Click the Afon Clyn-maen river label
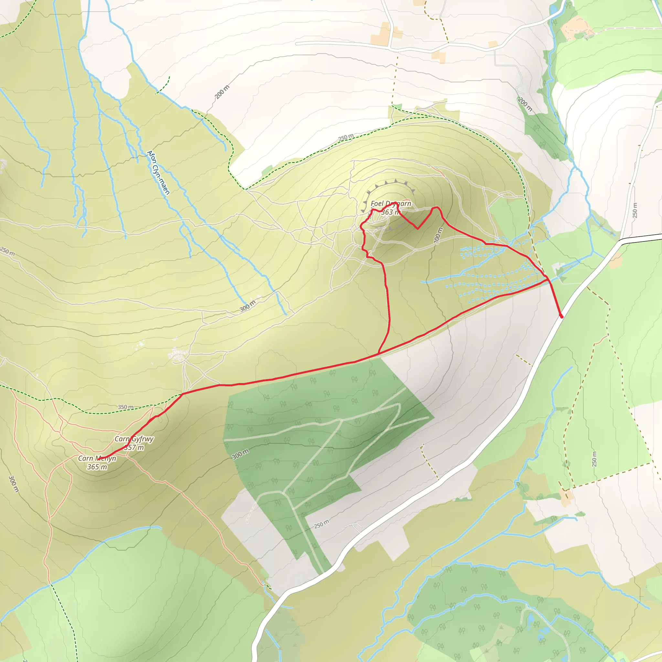click(x=158, y=172)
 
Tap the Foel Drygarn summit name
click(x=390, y=204)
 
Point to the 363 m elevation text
click(x=390, y=212)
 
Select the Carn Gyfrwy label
click(x=134, y=439)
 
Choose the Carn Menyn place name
click(x=97, y=458)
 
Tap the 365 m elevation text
click(x=97, y=467)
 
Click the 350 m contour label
click(x=125, y=407)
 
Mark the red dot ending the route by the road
click(x=561, y=316)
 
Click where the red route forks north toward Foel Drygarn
click(x=378, y=353)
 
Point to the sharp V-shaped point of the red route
click(x=417, y=229)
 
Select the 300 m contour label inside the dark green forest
click(x=240, y=454)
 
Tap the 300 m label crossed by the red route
click(x=438, y=236)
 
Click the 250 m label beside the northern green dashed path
click(x=346, y=137)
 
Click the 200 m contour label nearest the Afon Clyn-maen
click(x=222, y=92)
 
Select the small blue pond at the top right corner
click(x=553, y=10)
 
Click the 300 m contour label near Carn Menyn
click(x=13, y=484)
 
